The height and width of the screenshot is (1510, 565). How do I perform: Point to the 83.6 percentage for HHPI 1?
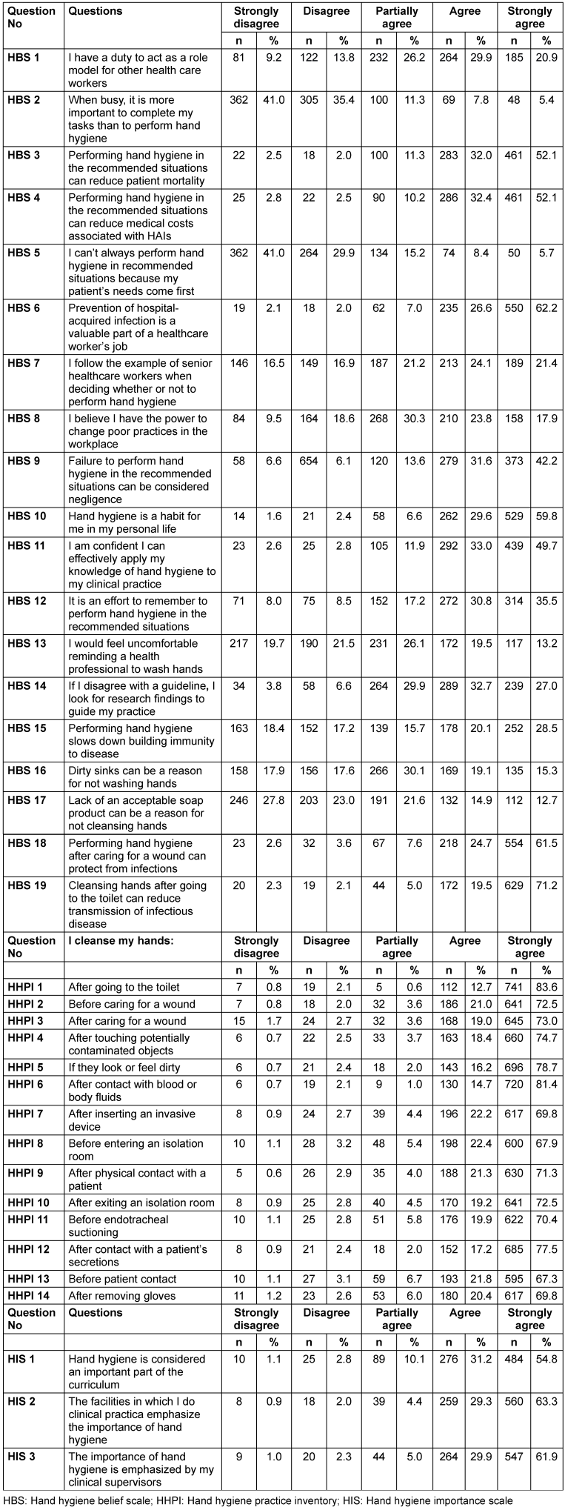[x=547, y=987]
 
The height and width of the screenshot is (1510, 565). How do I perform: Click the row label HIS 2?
[x=21, y=1401]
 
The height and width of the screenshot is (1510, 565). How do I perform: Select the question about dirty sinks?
[x=135, y=776]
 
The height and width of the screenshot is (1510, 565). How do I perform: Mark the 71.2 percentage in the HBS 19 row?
[x=547, y=885]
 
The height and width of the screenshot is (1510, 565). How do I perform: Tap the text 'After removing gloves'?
[x=122, y=1296]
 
